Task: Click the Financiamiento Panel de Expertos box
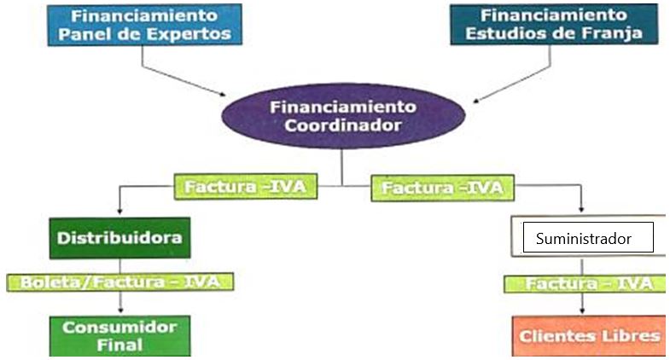[145, 25]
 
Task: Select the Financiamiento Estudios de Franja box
[554, 24]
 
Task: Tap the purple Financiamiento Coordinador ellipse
[343, 116]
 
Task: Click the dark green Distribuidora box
[119, 238]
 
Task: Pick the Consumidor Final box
[120, 335]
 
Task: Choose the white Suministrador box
[588, 237]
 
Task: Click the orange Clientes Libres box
[589, 335]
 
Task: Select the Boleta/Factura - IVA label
[120, 282]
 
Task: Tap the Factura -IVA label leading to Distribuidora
[246, 187]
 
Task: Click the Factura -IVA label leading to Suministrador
[443, 188]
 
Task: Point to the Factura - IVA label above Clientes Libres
[585, 284]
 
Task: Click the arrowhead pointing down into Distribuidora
[119, 211]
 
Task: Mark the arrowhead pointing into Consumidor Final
[120, 309]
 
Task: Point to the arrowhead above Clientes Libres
[582, 310]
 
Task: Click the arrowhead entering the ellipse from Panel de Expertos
[222, 94]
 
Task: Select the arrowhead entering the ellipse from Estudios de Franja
[477, 101]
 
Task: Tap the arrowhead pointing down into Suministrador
[581, 209]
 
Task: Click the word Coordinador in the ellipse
[343, 125]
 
